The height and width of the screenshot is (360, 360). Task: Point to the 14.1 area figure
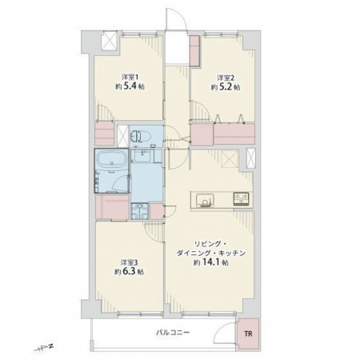pos(210,262)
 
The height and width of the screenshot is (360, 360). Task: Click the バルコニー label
pos(173,333)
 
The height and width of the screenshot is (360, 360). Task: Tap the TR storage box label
pos(248,334)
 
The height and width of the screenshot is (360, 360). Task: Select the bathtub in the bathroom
pos(112,161)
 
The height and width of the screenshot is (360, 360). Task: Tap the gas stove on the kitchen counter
pos(242,198)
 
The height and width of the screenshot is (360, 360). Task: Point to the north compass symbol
pos(44,348)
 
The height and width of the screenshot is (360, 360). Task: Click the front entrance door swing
pos(175,18)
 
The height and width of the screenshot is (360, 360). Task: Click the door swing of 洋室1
pos(105,113)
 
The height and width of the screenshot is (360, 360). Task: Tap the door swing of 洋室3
pos(154,232)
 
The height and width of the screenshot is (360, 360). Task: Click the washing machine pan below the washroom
pos(139,211)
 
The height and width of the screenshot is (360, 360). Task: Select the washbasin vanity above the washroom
pos(144,156)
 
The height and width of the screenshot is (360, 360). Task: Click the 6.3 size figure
pos(130,271)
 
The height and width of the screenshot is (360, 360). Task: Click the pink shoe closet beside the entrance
pos(194,50)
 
